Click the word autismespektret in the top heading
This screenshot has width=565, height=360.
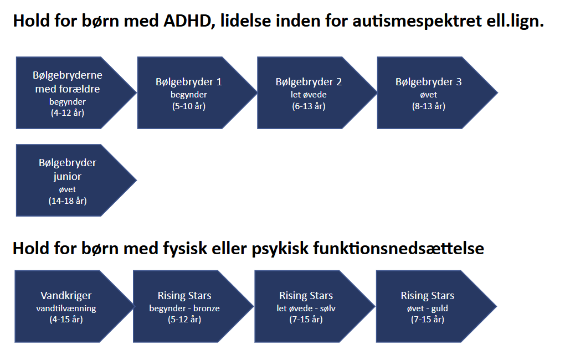417,22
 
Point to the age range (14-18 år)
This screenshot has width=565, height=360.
68,200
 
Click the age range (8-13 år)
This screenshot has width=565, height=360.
429,106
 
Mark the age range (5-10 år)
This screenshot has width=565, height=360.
189,106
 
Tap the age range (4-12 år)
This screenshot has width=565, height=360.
68,113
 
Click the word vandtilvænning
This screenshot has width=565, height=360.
66,308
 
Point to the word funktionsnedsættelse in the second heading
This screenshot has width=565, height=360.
398,248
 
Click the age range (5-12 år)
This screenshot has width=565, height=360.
184,319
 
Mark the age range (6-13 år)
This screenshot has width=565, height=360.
309,106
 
